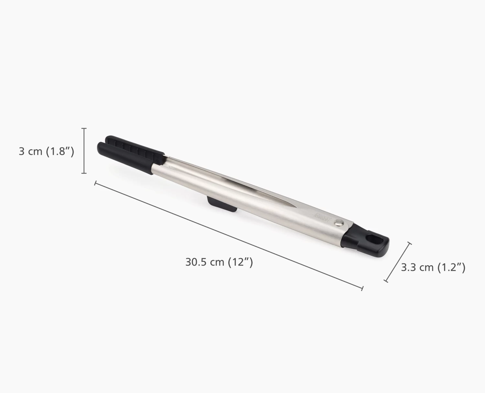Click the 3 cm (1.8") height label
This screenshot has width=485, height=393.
[47, 151]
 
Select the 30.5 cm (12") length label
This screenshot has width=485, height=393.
[219, 262]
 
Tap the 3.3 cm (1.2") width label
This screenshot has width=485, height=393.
[433, 267]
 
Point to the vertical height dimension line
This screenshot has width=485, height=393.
[85, 151]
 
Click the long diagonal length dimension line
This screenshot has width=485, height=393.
[228, 236]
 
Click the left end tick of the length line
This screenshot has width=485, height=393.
[95, 183]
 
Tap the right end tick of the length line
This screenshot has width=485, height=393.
[362, 288]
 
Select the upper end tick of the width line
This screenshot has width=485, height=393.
[411, 243]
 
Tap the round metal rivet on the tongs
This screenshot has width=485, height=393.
[338, 222]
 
